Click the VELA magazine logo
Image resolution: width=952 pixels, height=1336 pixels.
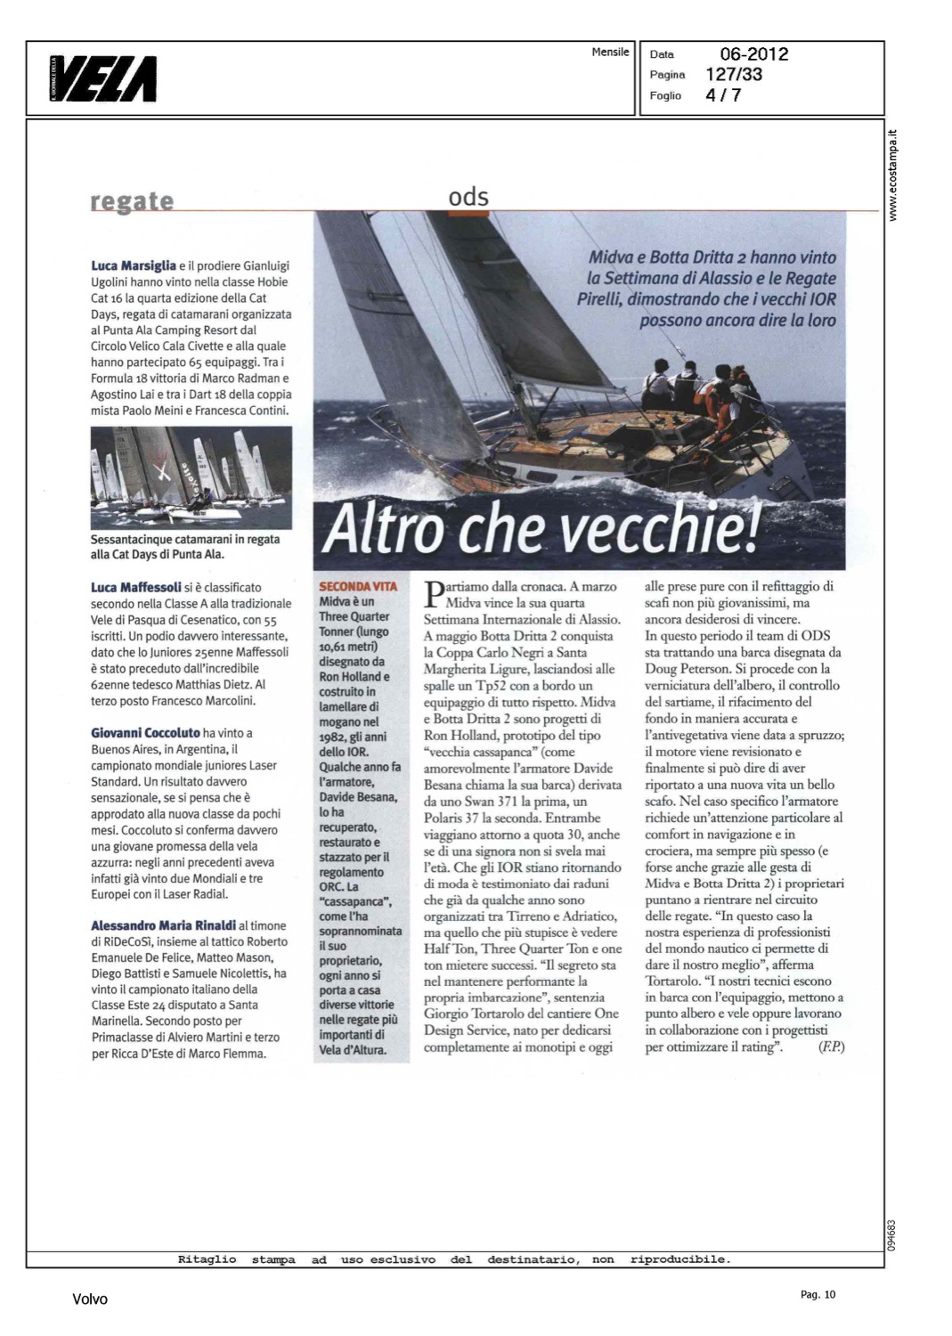click(104, 78)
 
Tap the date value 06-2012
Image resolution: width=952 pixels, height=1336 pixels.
click(753, 54)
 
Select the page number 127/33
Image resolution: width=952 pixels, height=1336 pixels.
click(734, 75)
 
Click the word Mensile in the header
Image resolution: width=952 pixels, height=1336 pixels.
click(610, 53)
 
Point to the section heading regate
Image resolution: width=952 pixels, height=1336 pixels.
click(132, 201)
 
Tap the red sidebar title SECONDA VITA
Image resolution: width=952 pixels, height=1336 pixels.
click(358, 587)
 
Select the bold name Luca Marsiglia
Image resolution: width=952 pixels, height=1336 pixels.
click(134, 265)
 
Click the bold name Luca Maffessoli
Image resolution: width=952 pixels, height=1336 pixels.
click(136, 587)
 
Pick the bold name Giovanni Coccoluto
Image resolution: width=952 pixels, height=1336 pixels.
click(145, 733)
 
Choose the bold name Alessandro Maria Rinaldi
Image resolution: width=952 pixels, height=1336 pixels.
click(163, 925)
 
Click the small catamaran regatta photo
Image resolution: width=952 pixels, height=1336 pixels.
click(191, 477)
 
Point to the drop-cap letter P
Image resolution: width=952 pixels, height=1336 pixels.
click(434, 593)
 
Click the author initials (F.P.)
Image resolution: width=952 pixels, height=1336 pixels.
click(830, 1047)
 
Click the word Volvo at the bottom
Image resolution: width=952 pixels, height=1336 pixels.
click(90, 1299)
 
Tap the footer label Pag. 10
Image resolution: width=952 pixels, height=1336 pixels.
click(818, 1295)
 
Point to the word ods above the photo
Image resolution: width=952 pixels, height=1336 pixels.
click(468, 197)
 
